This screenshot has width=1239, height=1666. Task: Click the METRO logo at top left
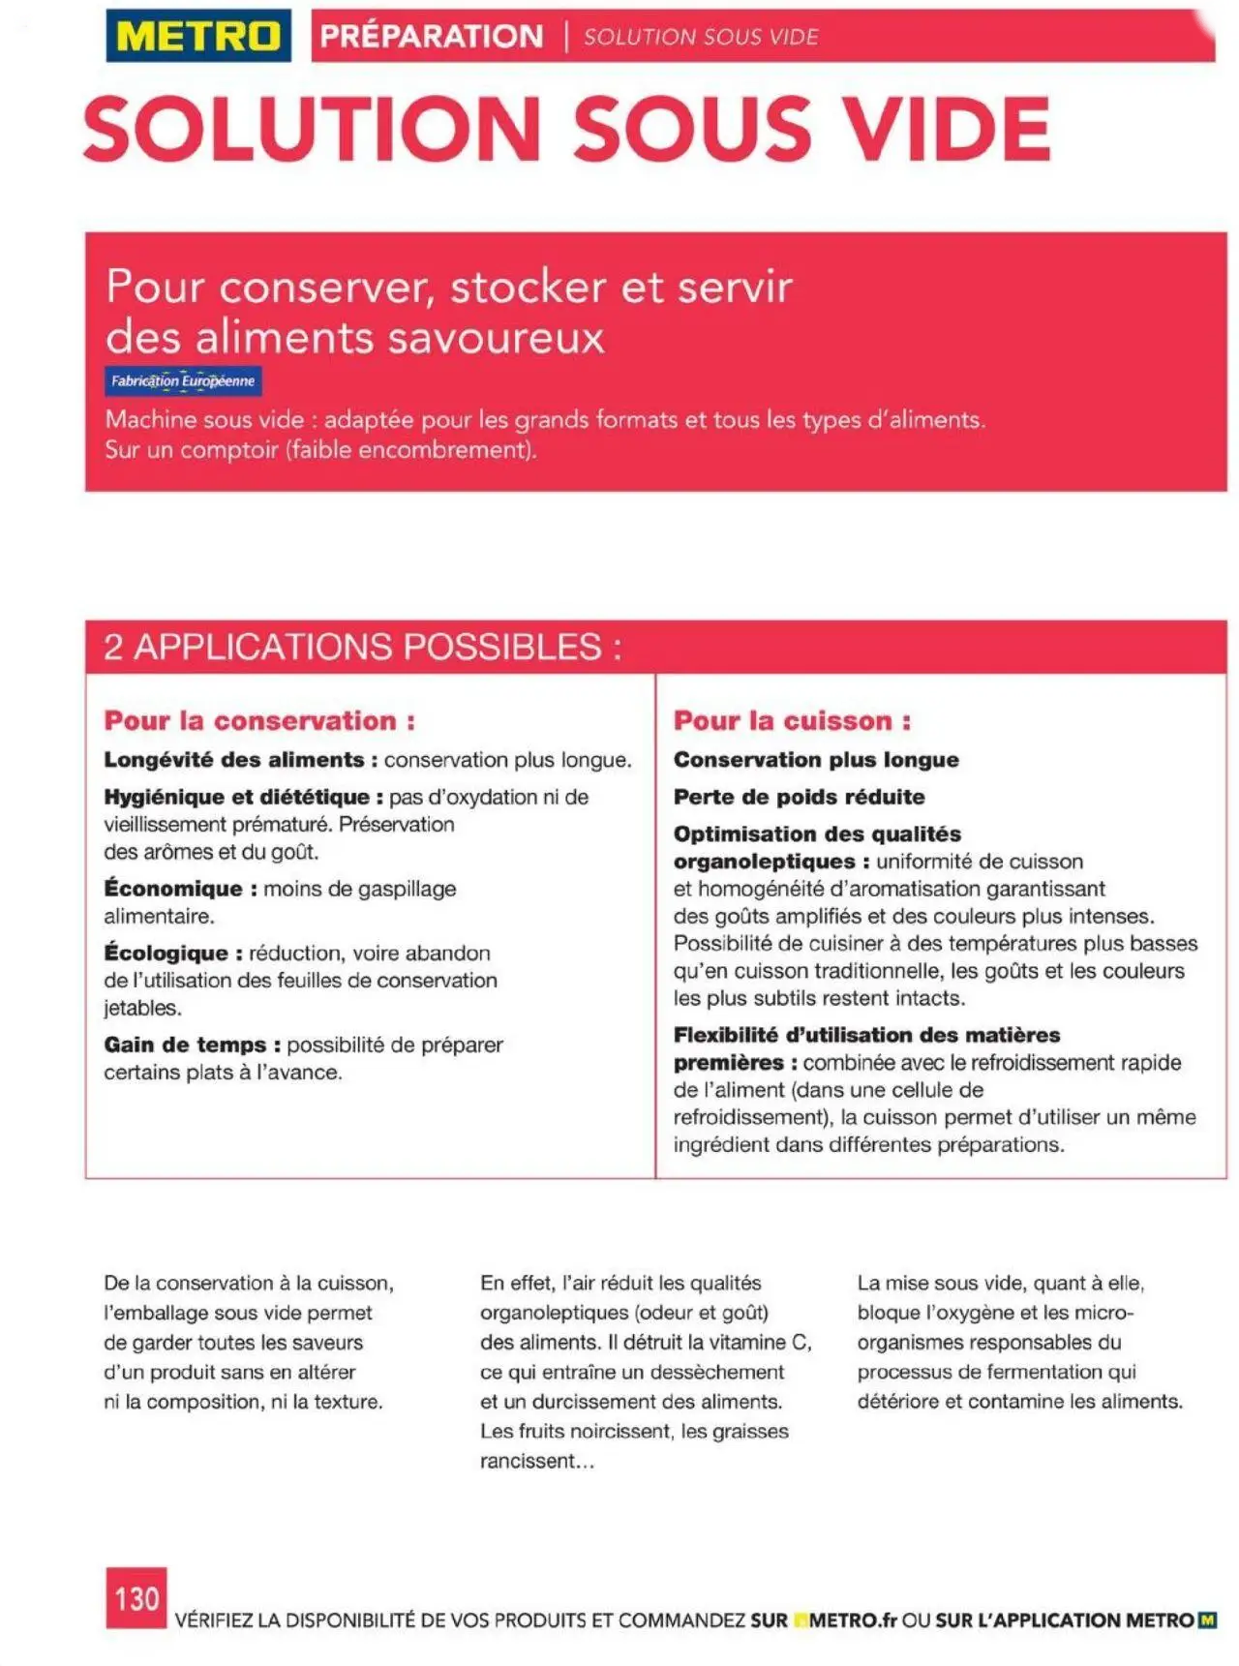198,36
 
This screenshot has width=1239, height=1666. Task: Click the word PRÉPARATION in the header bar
432,37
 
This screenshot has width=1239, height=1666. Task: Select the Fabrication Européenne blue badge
183,381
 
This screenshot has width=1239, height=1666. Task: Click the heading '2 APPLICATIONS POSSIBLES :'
362,647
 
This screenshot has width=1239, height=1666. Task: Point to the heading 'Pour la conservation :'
259,721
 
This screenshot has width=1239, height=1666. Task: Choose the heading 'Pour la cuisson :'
792,721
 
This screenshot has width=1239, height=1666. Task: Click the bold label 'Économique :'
180,889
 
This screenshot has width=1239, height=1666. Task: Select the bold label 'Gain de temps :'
192,1045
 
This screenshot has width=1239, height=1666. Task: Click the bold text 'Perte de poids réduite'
799,798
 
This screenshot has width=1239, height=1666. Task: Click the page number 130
136,1597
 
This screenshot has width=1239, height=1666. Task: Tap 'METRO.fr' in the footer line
852,1621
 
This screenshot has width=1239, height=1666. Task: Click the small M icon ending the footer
1207,1620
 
